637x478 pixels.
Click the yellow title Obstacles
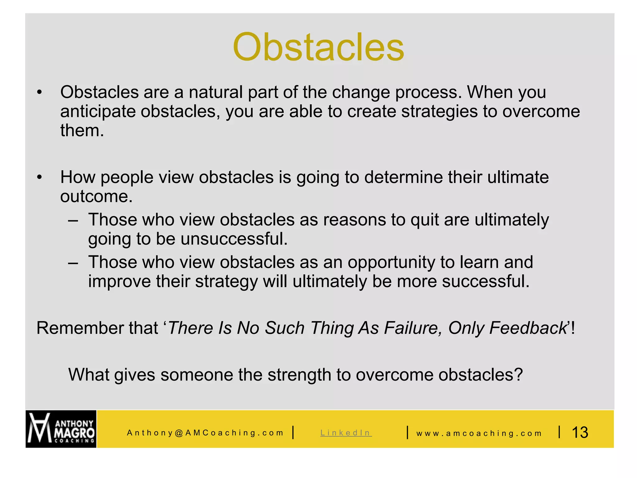click(x=318, y=47)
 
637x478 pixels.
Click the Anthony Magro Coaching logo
click(x=61, y=429)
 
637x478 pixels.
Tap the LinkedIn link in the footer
click(x=346, y=433)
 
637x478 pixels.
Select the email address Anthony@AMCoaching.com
click(x=205, y=433)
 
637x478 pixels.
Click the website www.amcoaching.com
click(x=479, y=433)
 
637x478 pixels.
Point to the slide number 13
click(x=580, y=432)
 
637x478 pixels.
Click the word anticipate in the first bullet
click(x=97, y=112)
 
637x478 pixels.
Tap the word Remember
click(x=80, y=328)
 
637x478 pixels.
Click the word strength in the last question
click(x=299, y=375)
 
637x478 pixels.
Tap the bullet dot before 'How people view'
click(x=39, y=177)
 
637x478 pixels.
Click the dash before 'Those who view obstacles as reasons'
click(x=73, y=220)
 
